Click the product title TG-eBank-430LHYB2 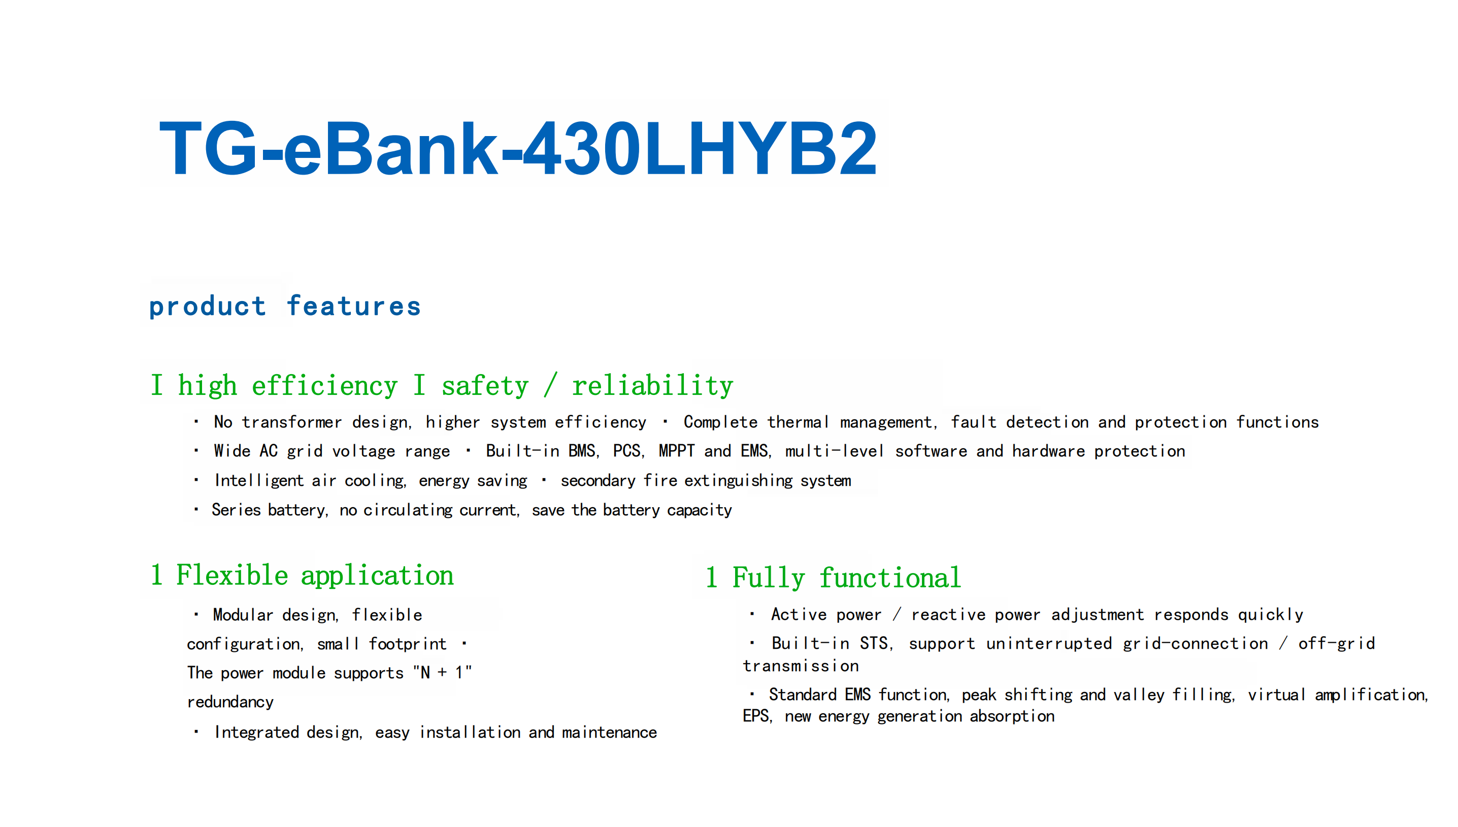(517, 148)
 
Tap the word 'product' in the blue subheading (207, 307)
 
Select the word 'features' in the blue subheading (353, 307)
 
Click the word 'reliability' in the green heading (652, 386)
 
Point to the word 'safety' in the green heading (484, 386)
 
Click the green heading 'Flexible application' (314, 575)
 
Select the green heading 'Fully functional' (846, 578)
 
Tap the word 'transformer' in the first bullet (291, 422)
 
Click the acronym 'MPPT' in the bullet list (676, 451)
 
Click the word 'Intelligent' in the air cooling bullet (258, 481)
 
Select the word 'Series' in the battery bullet (236, 510)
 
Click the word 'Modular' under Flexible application (243, 615)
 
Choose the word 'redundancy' (230, 702)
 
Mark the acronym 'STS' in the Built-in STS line (874, 644)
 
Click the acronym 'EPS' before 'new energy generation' (755, 716)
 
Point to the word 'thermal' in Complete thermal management (798, 422)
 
